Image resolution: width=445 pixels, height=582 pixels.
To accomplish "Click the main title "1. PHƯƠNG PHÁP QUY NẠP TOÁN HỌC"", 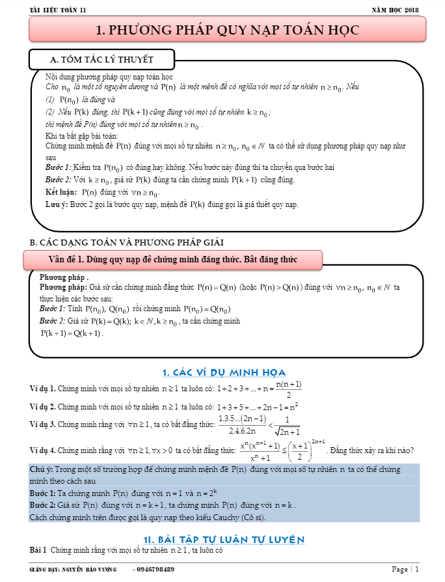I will [227, 30].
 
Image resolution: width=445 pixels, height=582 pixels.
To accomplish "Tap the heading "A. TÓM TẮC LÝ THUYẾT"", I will [102, 60].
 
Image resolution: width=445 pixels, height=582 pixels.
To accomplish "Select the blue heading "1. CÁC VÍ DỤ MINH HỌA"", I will [224, 372].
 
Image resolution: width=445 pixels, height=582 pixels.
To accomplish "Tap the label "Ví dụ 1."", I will [43, 389].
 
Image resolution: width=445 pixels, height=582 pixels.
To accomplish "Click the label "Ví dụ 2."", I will [43, 407].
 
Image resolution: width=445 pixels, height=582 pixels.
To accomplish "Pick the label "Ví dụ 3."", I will [43, 424].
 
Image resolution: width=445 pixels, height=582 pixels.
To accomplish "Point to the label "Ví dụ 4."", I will [43, 450].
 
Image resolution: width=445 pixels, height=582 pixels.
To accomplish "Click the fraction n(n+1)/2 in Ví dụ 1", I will [288, 389].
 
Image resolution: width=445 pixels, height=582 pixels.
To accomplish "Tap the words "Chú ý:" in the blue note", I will [41, 469].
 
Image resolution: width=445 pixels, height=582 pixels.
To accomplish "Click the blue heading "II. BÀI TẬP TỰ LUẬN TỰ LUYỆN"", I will [224, 538].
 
